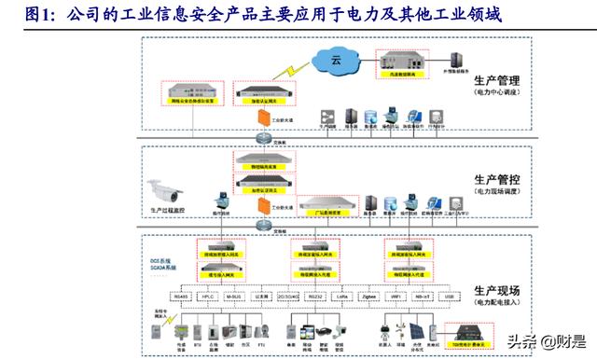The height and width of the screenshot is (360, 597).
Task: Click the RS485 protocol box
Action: [182, 297]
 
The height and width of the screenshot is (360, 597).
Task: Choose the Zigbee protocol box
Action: [368, 297]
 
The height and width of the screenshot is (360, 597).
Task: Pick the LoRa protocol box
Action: [342, 297]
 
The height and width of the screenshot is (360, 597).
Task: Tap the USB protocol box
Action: [451, 297]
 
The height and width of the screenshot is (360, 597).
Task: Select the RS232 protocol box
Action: [315, 297]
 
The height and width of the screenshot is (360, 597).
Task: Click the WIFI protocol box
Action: [396, 297]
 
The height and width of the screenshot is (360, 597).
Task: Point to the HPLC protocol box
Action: [209, 297]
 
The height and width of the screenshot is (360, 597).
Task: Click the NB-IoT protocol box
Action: [423, 297]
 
